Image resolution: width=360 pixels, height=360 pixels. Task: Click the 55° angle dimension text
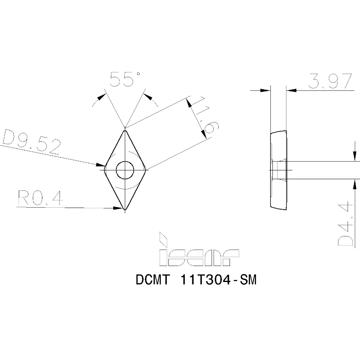(125, 79)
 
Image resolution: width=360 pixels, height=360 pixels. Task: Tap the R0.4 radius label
(40, 199)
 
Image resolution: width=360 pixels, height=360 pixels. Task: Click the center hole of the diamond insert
(125, 170)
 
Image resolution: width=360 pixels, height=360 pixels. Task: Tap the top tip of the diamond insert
(125, 130)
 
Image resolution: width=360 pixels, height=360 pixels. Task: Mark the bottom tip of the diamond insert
(125, 209)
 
